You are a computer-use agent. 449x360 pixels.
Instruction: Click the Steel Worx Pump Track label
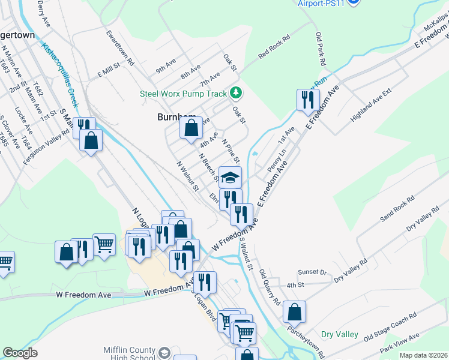tap(183, 94)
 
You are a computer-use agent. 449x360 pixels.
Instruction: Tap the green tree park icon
tap(237, 93)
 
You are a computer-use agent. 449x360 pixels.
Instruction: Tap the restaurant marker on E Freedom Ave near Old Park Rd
tap(308, 100)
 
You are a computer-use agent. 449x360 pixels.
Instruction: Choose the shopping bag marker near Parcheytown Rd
tap(294, 312)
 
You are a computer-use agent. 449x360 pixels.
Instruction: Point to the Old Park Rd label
tap(321, 48)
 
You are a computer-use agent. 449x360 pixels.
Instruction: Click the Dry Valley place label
tap(339, 334)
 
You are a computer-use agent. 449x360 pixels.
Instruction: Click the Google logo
tap(20, 353)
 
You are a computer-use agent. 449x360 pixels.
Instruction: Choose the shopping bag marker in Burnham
tap(191, 128)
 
